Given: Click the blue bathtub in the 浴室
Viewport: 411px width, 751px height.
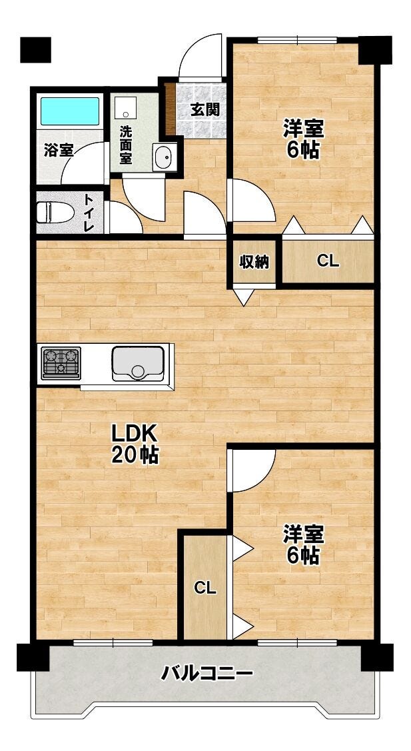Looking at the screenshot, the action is [x=70, y=111].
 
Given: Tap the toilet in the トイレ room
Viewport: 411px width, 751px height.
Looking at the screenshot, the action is [x=55, y=212].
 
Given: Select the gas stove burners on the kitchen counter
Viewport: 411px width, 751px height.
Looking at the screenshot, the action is [x=61, y=363].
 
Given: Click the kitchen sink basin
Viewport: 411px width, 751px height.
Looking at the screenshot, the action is [x=138, y=364].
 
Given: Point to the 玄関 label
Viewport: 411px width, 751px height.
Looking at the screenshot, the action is [x=205, y=109].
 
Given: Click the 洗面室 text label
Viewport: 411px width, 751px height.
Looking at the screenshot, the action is [x=126, y=144].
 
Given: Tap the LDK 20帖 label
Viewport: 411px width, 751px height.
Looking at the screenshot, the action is [x=135, y=444].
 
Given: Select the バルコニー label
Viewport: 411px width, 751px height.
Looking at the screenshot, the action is [x=206, y=674].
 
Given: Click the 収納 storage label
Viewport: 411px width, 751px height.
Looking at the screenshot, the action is [x=254, y=262].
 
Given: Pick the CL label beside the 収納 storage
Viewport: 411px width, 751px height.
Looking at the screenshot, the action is [x=328, y=261].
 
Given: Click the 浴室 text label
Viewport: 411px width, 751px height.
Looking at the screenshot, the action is [x=59, y=150].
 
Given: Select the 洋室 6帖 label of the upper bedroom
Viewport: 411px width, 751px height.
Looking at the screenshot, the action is [x=303, y=139].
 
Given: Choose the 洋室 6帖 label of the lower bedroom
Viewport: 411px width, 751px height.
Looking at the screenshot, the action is [x=303, y=544].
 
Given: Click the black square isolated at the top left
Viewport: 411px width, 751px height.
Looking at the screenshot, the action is [x=35, y=50].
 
